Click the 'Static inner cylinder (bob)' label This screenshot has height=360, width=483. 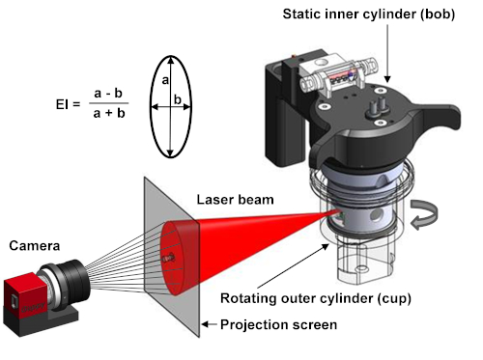pos(369,14)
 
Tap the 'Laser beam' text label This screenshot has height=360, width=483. pos(236,200)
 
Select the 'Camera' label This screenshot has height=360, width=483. pos(35,246)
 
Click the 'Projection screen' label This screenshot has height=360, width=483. pos(279,325)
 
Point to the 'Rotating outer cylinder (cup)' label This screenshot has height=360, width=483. pos(316,298)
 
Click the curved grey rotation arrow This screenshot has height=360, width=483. pos(425,214)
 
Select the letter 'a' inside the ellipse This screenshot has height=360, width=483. pos(165,80)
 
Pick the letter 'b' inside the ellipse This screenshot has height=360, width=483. pos(178,99)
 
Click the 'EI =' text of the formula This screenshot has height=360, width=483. pos(68,104)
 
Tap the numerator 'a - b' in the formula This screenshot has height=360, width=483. pos(108,94)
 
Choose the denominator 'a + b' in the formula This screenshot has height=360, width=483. pos(109,113)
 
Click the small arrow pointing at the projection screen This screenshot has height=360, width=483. pos(209,324)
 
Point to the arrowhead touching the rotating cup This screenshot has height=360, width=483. pos(326,247)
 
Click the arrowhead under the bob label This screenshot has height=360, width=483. pos(387,79)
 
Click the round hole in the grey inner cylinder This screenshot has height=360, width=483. pos(376,214)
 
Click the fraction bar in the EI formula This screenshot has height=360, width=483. pos(109,103)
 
